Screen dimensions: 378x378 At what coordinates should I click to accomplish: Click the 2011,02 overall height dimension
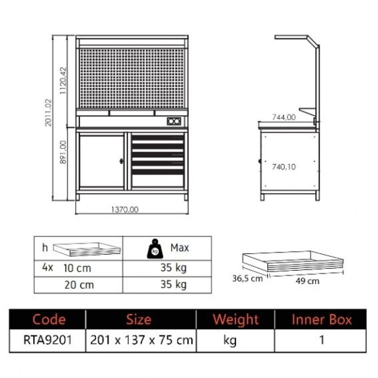click(48, 113)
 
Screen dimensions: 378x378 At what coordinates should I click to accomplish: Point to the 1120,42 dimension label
click(63, 81)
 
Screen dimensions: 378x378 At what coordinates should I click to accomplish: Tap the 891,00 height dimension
click(63, 152)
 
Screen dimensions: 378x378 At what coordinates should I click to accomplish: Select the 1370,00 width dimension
click(125, 210)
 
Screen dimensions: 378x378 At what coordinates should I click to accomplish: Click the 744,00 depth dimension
click(284, 117)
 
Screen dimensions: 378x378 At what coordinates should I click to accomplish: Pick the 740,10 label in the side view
click(284, 167)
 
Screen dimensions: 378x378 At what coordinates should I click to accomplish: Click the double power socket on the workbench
click(174, 121)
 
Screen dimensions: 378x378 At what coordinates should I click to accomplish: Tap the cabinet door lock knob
click(121, 161)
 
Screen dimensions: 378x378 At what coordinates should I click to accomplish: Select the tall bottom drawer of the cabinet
click(158, 181)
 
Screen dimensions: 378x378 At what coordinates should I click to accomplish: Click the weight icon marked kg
click(155, 249)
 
